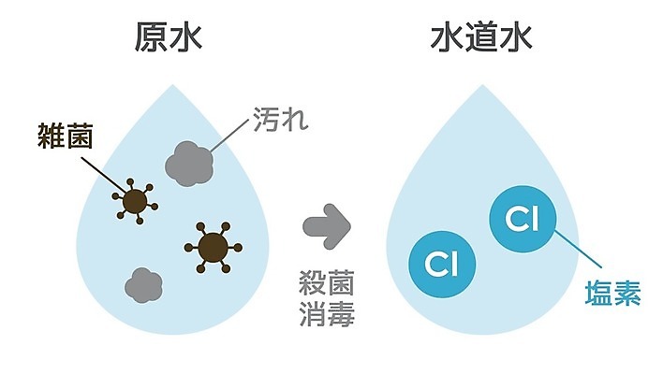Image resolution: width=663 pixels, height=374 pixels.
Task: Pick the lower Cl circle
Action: click(x=439, y=264)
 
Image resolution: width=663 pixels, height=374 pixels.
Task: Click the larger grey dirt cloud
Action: click(x=190, y=163)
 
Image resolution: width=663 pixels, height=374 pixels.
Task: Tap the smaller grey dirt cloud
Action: click(x=141, y=281)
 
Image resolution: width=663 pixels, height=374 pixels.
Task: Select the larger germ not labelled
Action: click(x=214, y=247)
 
